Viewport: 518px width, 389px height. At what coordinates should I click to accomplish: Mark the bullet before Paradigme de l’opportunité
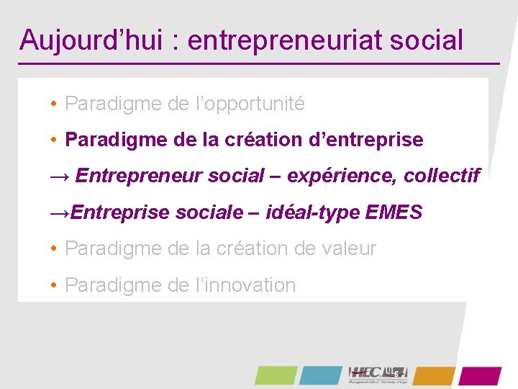pos(54,104)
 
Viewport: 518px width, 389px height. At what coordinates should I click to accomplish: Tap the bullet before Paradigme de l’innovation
pos(54,285)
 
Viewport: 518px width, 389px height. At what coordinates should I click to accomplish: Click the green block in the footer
pos(276,375)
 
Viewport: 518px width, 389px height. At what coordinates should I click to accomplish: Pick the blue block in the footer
pos(322,375)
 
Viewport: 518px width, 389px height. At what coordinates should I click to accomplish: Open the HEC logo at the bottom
pos(378,375)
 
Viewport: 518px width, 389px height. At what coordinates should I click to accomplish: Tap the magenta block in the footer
pos(480,375)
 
